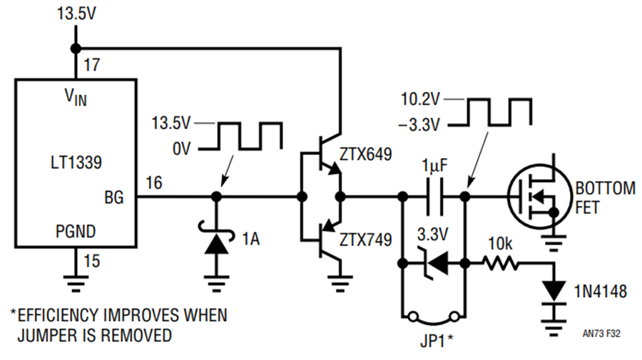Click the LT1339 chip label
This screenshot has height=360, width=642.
[76, 163]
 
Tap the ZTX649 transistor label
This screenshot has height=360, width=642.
[366, 154]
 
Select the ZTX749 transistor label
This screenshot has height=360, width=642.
[366, 240]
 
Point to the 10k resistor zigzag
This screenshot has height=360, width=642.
[501, 263]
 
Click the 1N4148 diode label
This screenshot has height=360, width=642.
[600, 292]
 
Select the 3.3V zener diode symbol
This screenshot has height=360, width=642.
[434, 263]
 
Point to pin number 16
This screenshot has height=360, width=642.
[154, 183]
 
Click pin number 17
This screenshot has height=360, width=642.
[91, 65]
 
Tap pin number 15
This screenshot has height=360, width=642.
[92, 261]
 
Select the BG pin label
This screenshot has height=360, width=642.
[114, 197]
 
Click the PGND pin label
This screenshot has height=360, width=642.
[76, 232]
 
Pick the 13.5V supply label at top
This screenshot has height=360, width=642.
[76, 14]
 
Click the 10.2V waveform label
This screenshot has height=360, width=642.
[420, 99]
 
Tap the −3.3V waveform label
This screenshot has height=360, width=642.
[419, 125]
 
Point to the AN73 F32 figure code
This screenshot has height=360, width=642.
[601, 334]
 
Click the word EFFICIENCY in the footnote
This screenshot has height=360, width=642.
[57, 315]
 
